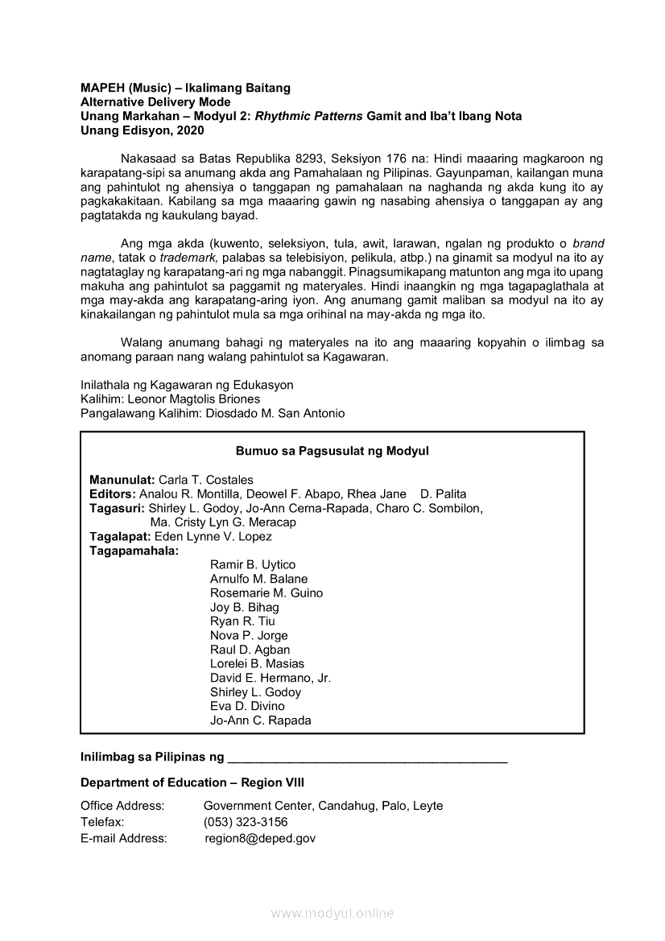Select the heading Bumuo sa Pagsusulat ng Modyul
[x=332, y=451]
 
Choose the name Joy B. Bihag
[x=245, y=607]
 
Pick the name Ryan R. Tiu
[x=242, y=621]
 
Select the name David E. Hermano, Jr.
[x=271, y=678]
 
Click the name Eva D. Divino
[x=247, y=706]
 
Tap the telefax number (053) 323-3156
[x=246, y=822]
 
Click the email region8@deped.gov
[x=260, y=838]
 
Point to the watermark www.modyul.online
[x=332, y=913]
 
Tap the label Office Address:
[x=122, y=806]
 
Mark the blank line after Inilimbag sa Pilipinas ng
[x=368, y=758]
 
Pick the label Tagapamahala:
[x=134, y=551]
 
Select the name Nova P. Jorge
[x=249, y=635]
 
